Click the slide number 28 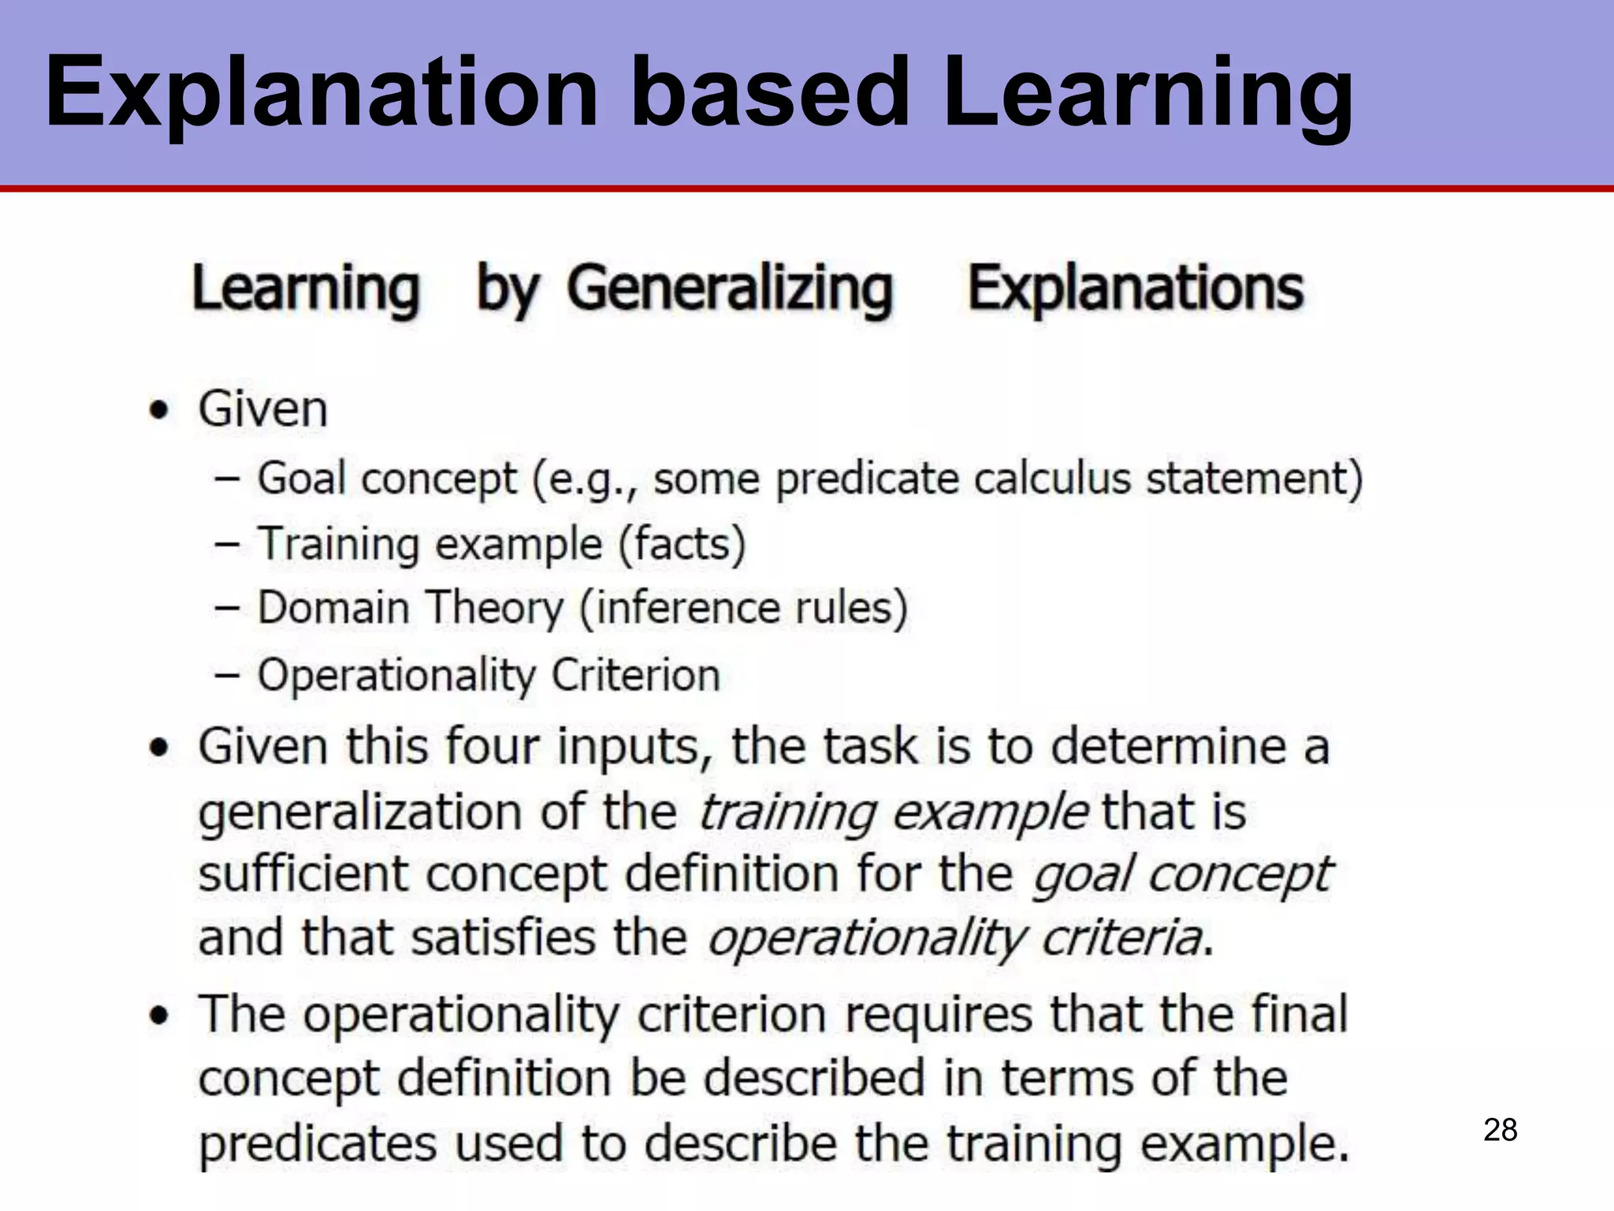pyautogui.click(x=1500, y=1131)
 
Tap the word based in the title pyautogui.click(x=770, y=91)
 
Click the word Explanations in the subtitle pyautogui.click(x=1136, y=289)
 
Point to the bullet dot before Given pyautogui.click(x=160, y=410)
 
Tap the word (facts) pyautogui.click(x=682, y=544)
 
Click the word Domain pyautogui.click(x=333, y=609)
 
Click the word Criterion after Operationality pyautogui.click(x=635, y=676)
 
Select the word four pyautogui.click(x=493, y=746)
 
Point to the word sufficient pyautogui.click(x=303, y=874)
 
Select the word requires pyautogui.click(x=938, y=1015)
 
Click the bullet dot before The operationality pyautogui.click(x=160, y=1015)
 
